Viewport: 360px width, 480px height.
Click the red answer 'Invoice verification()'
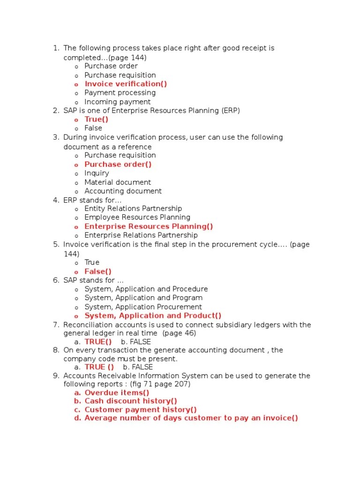click(x=126, y=84)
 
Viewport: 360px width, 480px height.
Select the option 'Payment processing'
click(x=120, y=93)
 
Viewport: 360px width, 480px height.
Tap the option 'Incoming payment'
click(x=117, y=102)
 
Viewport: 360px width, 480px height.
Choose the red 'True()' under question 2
click(x=96, y=119)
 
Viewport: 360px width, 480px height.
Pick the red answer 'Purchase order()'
click(x=118, y=164)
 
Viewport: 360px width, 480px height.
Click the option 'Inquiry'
click(x=97, y=173)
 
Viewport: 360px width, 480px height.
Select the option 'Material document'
click(x=118, y=182)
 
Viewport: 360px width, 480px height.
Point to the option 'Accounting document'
click(x=123, y=191)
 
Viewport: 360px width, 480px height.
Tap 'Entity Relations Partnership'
click(x=133, y=209)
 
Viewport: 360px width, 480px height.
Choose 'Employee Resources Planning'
click(x=137, y=217)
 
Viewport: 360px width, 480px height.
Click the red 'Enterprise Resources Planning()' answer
click(x=149, y=226)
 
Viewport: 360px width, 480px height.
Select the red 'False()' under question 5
click(x=98, y=271)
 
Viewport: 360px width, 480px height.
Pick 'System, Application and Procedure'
click(x=146, y=289)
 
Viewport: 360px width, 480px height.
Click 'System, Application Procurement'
click(x=143, y=307)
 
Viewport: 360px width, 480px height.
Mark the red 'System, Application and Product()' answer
click(x=153, y=316)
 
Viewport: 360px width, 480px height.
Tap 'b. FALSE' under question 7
click(x=136, y=342)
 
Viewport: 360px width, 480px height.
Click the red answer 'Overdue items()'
click(x=117, y=393)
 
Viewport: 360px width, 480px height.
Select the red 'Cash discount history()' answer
click(x=131, y=401)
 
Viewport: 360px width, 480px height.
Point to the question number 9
click(x=55, y=376)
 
